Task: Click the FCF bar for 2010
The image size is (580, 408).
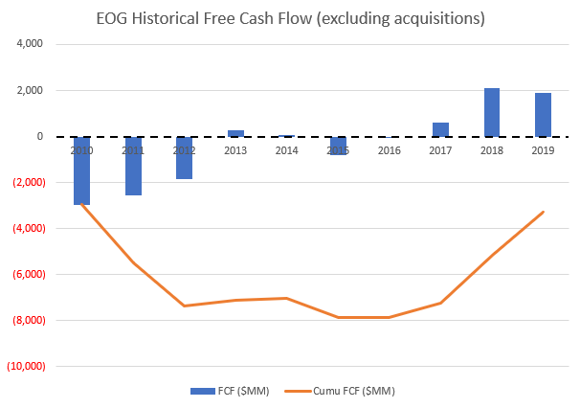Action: click(x=81, y=170)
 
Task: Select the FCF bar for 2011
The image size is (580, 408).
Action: click(x=133, y=166)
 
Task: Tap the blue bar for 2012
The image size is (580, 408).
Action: click(x=184, y=158)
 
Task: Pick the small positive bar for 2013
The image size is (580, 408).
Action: click(x=235, y=133)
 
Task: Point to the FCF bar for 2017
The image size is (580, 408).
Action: click(x=440, y=129)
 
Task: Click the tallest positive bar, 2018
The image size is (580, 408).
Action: click(x=492, y=112)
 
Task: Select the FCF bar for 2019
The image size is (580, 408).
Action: click(x=543, y=115)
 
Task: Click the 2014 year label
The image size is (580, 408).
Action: click(x=287, y=149)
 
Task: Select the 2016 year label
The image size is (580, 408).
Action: click(x=390, y=149)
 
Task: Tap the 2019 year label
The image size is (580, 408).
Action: click(x=543, y=149)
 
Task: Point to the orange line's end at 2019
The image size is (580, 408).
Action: click(x=543, y=212)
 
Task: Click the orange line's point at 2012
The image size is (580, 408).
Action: click(x=184, y=306)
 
